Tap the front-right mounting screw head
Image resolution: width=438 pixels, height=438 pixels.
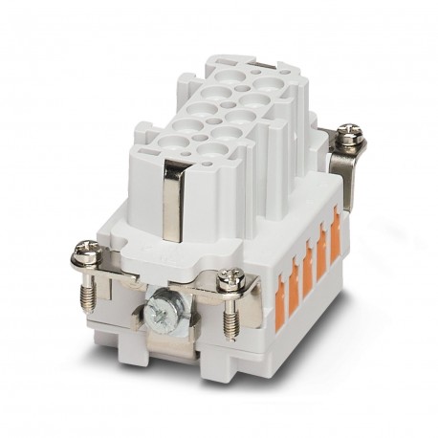230,278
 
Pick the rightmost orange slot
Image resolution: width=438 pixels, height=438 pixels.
336,234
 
